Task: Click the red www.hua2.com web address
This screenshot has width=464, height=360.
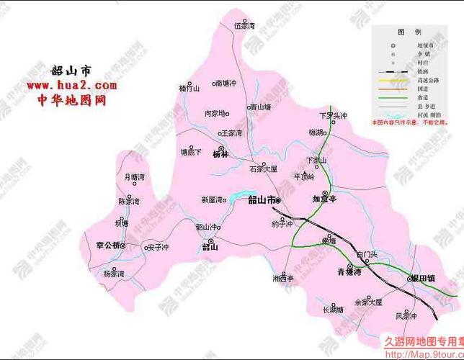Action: [71, 86]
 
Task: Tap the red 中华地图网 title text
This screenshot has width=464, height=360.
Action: [71, 100]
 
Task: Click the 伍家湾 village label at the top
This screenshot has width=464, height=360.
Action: [245, 24]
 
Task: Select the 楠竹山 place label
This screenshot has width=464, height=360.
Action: [188, 89]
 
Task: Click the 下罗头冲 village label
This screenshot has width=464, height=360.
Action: [332, 115]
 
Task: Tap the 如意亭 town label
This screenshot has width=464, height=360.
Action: [324, 199]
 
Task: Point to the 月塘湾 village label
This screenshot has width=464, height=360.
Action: [134, 176]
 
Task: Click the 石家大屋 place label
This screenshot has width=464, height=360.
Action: [262, 170]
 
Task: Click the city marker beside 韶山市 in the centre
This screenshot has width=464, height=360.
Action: [279, 201]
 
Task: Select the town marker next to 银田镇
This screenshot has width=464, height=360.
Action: [405, 277]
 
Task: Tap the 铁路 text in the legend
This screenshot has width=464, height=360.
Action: [426, 73]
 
